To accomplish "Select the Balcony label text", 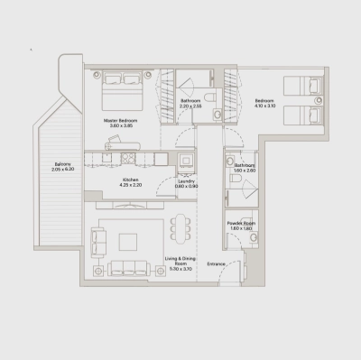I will pos(61,163).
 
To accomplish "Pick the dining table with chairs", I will pos(179,231).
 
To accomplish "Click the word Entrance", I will pos(216,263).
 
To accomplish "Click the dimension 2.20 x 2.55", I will pos(190,106).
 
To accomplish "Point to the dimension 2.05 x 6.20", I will pos(61,170).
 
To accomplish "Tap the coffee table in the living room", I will pos(127,241).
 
